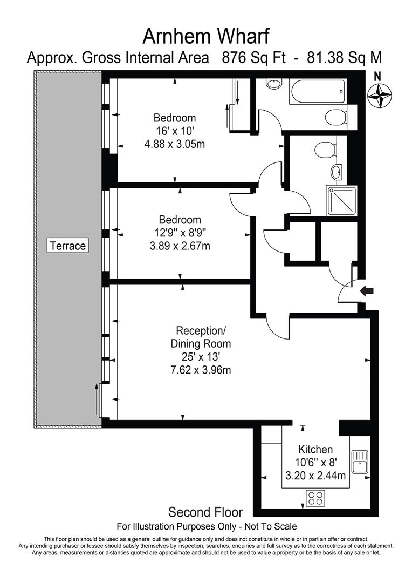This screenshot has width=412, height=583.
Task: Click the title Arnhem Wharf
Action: pyautogui.click(x=205, y=36)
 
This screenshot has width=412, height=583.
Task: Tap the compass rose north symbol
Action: pyautogui.click(x=379, y=94)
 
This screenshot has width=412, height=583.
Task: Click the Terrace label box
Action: pyautogui.click(x=67, y=246)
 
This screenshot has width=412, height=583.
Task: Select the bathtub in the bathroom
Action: pyautogui.click(x=317, y=92)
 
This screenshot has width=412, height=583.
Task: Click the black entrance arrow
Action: pyautogui.click(x=367, y=291)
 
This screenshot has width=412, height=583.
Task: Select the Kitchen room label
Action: pyautogui.click(x=315, y=449)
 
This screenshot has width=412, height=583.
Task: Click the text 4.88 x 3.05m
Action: pyautogui.click(x=175, y=144)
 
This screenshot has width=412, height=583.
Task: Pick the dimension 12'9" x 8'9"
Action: pyautogui.click(x=180, y=233)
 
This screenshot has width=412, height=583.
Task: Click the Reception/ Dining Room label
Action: pyautogui.click(x=201, y=337)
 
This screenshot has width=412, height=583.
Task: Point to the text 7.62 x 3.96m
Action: pyautogui.click(x=201, y=370)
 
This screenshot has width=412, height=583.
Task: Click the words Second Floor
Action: pyautogui.click(x=205, y=512)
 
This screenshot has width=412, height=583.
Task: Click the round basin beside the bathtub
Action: pyautogui.click(x=274, y=84)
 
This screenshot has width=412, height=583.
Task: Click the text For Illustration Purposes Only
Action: pyautogui.click(x=171, y=526)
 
